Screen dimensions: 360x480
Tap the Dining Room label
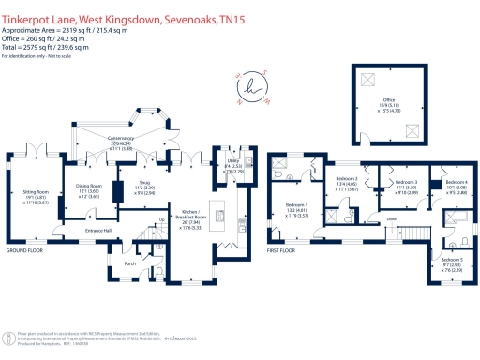[x=89, y=187]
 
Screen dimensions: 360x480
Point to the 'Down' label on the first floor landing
[x=390, y=220]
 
